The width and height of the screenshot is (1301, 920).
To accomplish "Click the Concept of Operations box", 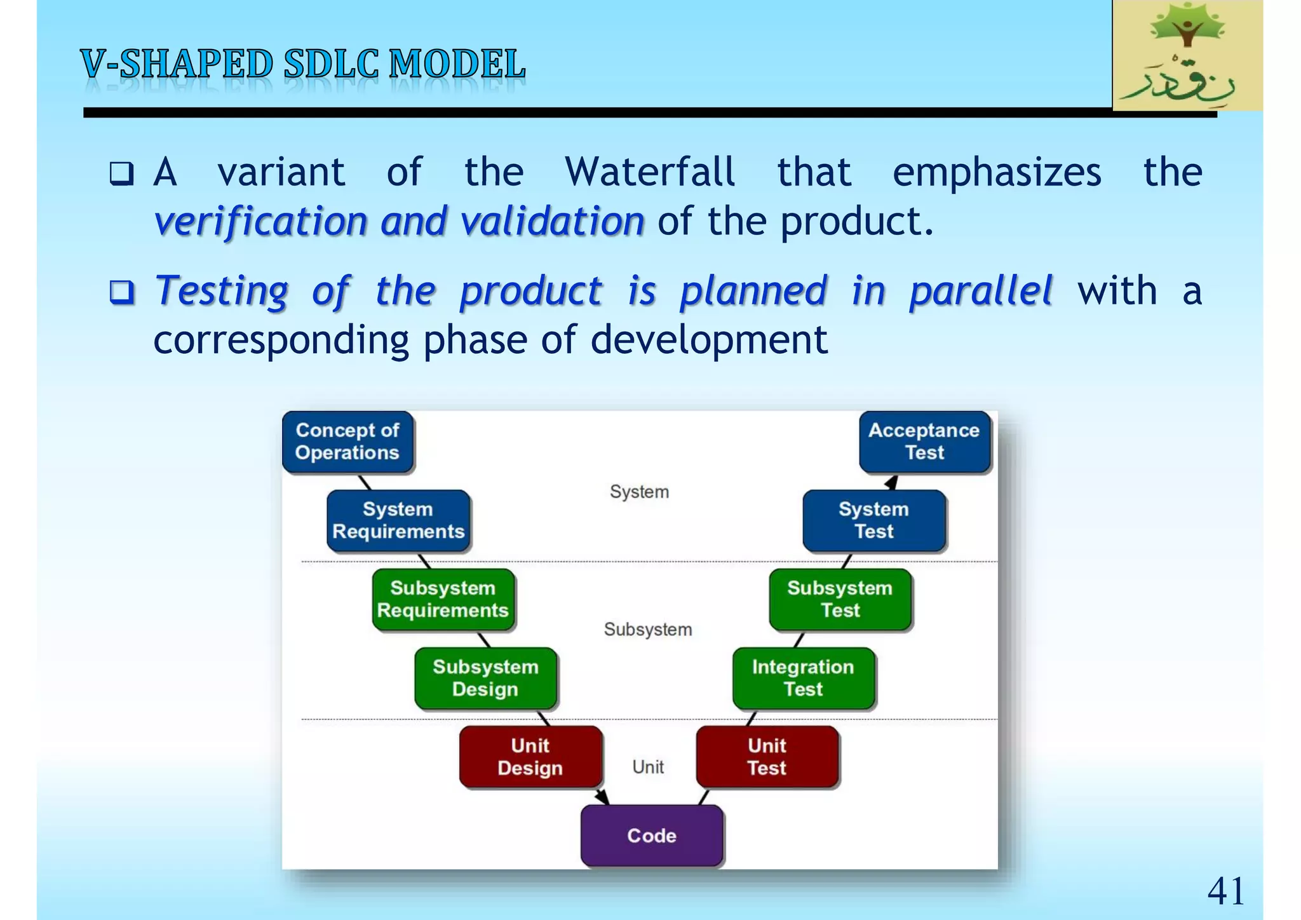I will (347, 442).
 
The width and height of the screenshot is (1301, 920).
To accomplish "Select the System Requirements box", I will (398, 520).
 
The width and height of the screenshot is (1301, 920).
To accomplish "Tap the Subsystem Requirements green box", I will (443, 599).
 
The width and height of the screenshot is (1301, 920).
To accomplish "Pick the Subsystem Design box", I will (485, 678).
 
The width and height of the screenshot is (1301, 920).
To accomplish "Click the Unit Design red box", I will (530, 757).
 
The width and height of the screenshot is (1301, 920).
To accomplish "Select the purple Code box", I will (652, 835).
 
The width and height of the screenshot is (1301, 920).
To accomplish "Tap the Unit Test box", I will (767, 757).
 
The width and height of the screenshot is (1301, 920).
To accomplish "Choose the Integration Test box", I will (803, 678).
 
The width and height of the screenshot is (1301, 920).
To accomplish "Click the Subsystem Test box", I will (840, 599).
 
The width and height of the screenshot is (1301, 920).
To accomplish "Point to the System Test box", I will (873, 520).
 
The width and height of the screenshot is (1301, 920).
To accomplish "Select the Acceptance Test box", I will (924, 442).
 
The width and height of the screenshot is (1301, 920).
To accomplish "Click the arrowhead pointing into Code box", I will (602, 797).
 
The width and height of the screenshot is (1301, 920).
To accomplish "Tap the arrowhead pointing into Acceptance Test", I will (892, 482).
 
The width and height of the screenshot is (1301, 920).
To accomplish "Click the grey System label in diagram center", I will (639, 492).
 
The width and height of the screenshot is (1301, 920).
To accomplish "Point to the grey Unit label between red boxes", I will (648, 767).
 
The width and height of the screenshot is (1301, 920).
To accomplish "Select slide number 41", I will (1225, 891).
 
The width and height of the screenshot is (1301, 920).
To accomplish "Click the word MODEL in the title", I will (457, 65).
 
